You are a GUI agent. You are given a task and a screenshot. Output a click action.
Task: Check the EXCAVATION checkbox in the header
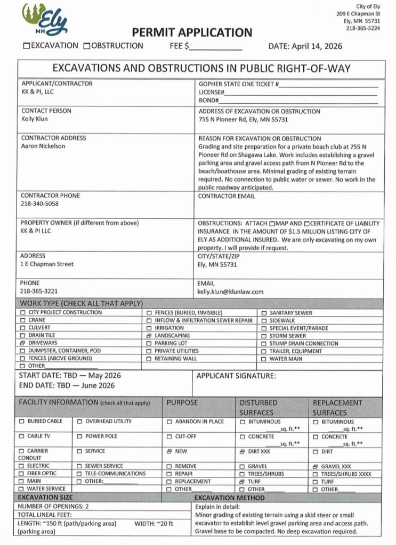26,46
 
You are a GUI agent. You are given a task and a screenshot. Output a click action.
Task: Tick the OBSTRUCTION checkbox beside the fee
87,46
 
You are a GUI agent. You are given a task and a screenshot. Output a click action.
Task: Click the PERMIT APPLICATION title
192,32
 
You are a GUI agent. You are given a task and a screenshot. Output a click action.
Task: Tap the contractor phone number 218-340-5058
39,203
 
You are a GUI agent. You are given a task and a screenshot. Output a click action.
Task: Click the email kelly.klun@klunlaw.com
231,292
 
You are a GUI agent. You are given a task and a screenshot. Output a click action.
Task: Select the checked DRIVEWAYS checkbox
23,343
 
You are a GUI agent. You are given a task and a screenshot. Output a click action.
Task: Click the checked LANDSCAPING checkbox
149,336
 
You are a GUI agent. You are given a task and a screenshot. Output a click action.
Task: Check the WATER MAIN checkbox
264,359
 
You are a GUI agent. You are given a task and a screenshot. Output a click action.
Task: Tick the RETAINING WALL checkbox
149,359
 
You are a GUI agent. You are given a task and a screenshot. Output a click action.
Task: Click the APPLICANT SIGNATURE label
236,376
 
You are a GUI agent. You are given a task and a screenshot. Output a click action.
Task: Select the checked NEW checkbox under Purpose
169,451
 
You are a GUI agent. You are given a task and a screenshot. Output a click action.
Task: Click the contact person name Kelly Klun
35,119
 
